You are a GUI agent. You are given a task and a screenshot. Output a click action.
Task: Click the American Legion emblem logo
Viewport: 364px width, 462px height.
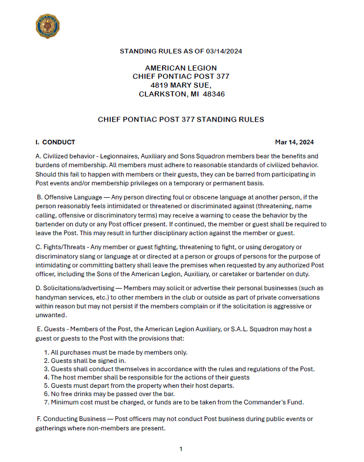(47, 26)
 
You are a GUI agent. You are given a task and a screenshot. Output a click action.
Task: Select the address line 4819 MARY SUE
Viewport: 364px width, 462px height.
(181, 85)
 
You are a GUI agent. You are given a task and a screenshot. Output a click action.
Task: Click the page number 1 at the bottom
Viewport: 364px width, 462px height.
(181, 449)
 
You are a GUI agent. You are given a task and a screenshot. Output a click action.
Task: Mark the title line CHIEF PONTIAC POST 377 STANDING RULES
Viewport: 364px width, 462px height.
(181, 119)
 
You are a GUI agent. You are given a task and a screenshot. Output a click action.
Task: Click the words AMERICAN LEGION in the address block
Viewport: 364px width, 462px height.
(181, 68)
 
